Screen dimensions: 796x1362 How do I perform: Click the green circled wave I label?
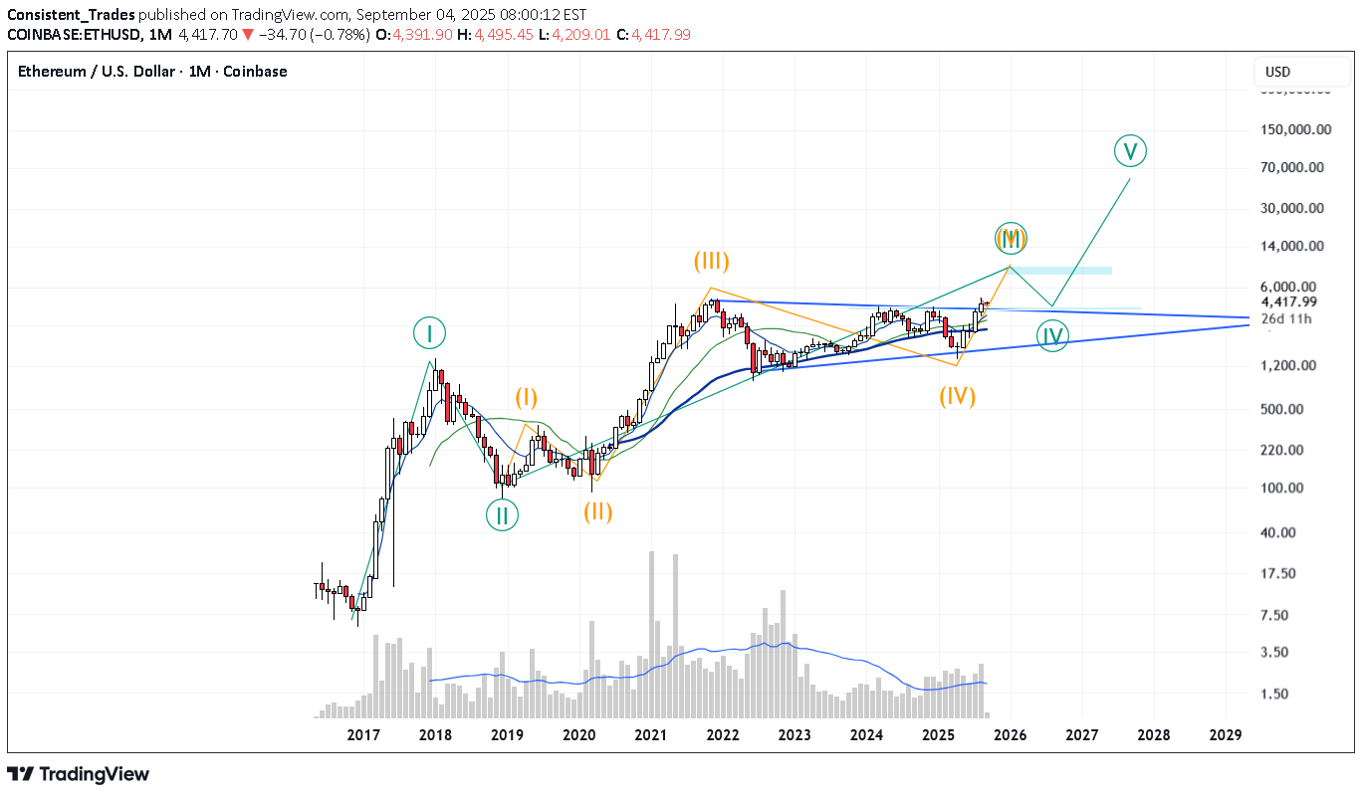[x=429, y=333]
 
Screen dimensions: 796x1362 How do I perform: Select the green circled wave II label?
[x=502, y=514]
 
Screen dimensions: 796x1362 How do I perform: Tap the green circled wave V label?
[x=1129, y=151]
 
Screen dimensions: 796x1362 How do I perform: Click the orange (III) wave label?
[x=712, y=262]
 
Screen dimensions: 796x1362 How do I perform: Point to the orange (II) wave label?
[x=597, y=512]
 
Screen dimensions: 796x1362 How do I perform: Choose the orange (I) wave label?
[x=526, y=398]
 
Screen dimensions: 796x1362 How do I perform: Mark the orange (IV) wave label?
[x=957, y=396]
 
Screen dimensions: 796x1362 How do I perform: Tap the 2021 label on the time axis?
[x=650, y=735]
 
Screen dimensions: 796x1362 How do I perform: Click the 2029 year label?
[x=1225, y=735]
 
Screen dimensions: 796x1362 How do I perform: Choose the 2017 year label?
[x=363, y=735]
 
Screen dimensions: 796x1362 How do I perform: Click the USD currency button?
[x=1277, y=72]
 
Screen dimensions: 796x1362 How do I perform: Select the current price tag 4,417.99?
[x=1288, y=302]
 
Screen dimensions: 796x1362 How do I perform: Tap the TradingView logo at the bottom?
[x=79, y=774]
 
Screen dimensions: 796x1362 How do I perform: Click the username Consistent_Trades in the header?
[x=71, y=15]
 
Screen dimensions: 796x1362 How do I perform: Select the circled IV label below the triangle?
[x=1052, y=336]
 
